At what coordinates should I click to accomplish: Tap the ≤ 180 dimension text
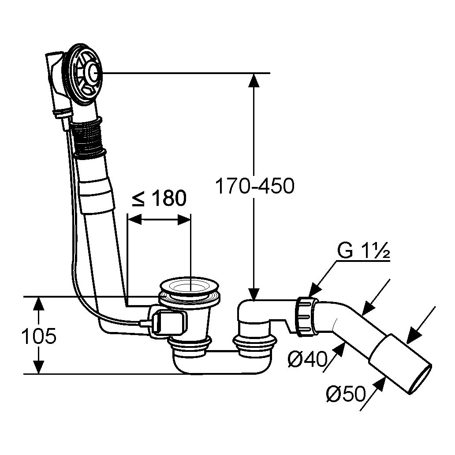pyautogui.click(x=159, y=198)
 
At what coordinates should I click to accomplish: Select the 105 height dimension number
pyautogui.click(x=39, y=336)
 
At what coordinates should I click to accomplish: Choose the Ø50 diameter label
pyautogui.click(x=345, y=394)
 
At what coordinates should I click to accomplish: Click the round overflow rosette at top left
pyautogui.click(x=85, y=74)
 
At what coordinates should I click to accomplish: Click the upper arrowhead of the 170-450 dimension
pyautogui.click(x=254, y=80)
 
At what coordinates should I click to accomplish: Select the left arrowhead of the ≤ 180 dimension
pyautogui.click(x=134, y=219)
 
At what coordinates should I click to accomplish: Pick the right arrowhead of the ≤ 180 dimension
pyautogui.click(x=184, y=219)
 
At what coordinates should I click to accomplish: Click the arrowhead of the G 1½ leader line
pyautogui.click(x=313, y=291)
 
